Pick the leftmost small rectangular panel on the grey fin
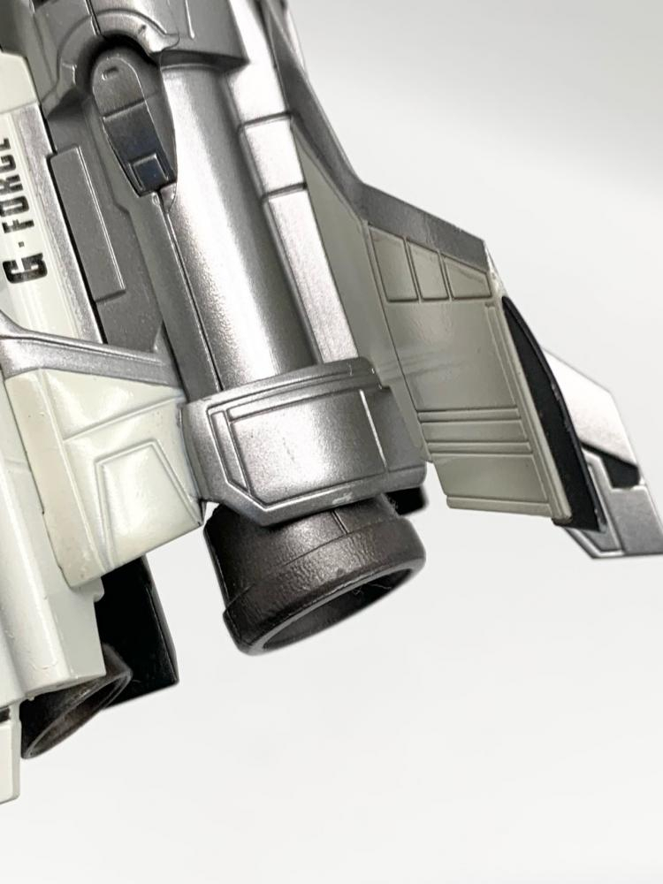[391, 263]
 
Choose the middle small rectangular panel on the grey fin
[427, 270]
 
